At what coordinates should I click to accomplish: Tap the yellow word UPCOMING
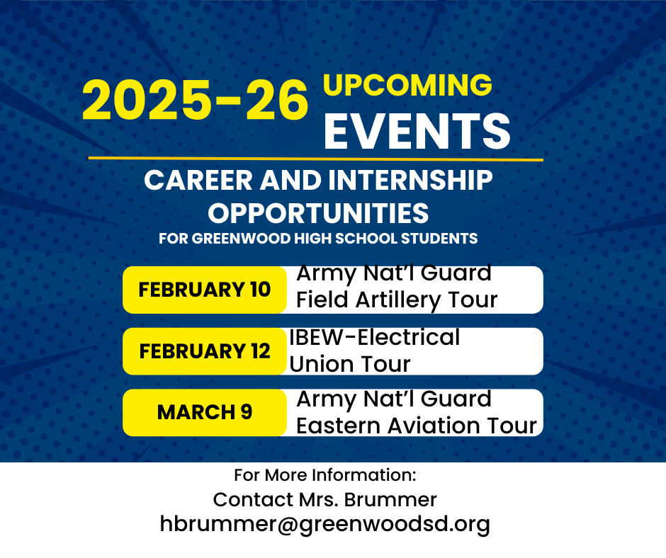tap(407, 86)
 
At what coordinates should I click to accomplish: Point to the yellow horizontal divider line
tap(315, 159)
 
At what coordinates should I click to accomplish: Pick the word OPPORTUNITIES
tap(318, 212)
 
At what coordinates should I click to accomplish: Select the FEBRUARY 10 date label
tap(204, 290)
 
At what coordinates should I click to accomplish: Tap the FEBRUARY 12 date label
tap(204, 351)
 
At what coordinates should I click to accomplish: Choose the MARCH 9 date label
tap(204, 412)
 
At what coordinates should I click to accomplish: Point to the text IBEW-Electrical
tap(374, 337)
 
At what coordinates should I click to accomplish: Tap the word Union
tap(320, 364)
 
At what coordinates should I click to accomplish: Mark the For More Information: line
tap(324, 474)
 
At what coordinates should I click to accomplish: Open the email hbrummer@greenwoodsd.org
tap(324, 524)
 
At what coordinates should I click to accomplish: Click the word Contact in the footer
tap(249, 499)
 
